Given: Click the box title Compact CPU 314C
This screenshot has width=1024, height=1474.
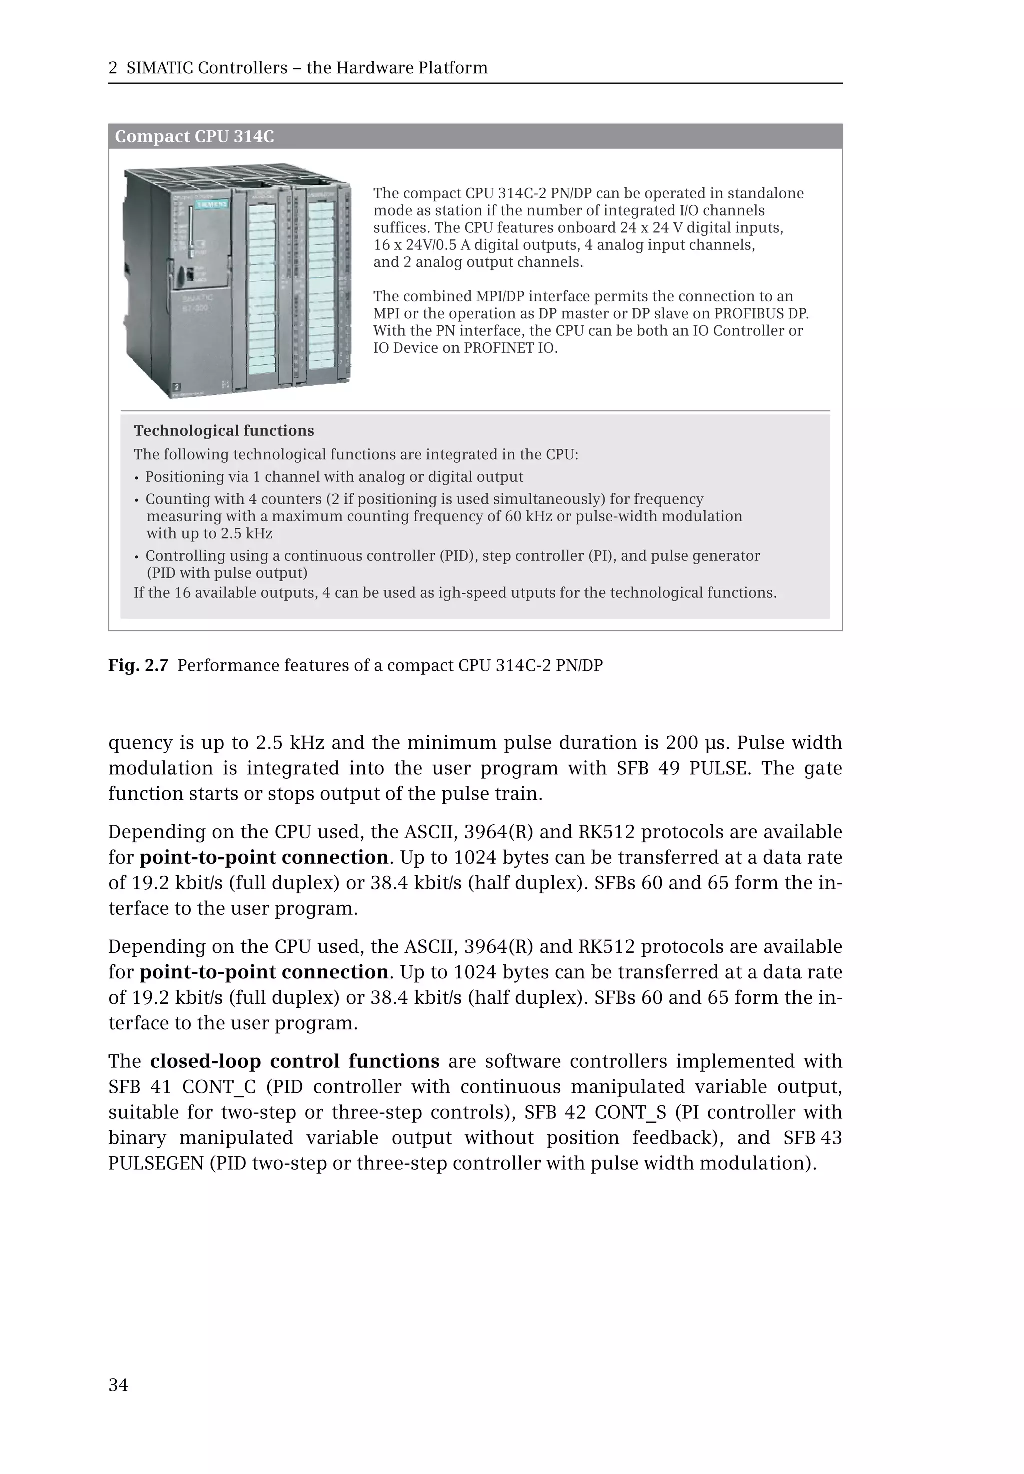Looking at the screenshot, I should point(194,136).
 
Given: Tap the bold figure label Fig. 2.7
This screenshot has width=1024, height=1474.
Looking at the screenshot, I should point(138,665).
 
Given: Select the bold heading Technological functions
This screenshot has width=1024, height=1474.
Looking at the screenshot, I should point(224,430).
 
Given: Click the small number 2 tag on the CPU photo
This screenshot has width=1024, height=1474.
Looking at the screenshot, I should point(177,387).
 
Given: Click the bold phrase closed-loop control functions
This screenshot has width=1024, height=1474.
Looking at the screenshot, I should point(295,1061).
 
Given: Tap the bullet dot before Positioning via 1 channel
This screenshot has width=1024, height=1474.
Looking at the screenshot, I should point(136,478).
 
